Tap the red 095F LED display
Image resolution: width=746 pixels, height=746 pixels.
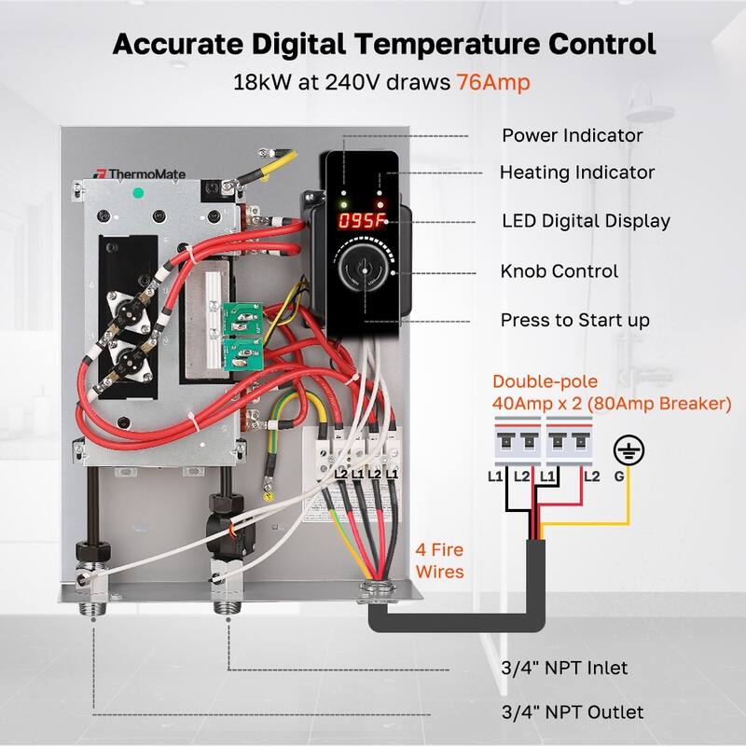pyautogui.click(x=362, y=222)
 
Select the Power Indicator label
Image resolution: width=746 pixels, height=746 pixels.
pyautogui.click(x=572, y=135)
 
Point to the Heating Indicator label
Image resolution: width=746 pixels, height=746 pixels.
pyautogui.click(x=576, y=173)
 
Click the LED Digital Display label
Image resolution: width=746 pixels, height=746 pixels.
pyautogui.click(x=586, y=221)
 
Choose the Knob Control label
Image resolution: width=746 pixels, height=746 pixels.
pyautogui.click(x=559, y=271)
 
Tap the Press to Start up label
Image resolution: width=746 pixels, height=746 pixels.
pyautogui.click(x=574, y=320)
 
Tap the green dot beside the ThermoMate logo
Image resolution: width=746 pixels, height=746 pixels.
pyautogui.click(x=138, y=193)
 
